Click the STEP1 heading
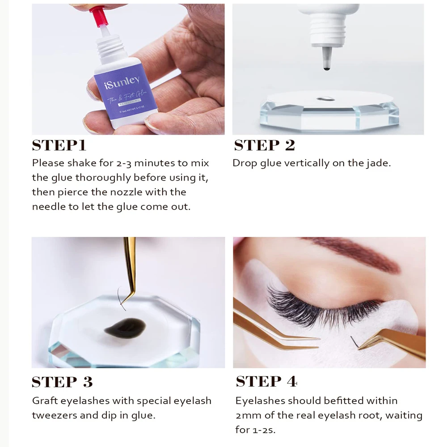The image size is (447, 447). [x=59, y=146]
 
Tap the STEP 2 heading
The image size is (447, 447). [x=264, y=146]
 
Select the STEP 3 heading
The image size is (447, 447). [x=62, y=382]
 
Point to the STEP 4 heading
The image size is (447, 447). [x=266, y=382]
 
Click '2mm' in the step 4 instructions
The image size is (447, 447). [x=249, y=415]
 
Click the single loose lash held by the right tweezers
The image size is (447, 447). [x=355, y=342]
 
